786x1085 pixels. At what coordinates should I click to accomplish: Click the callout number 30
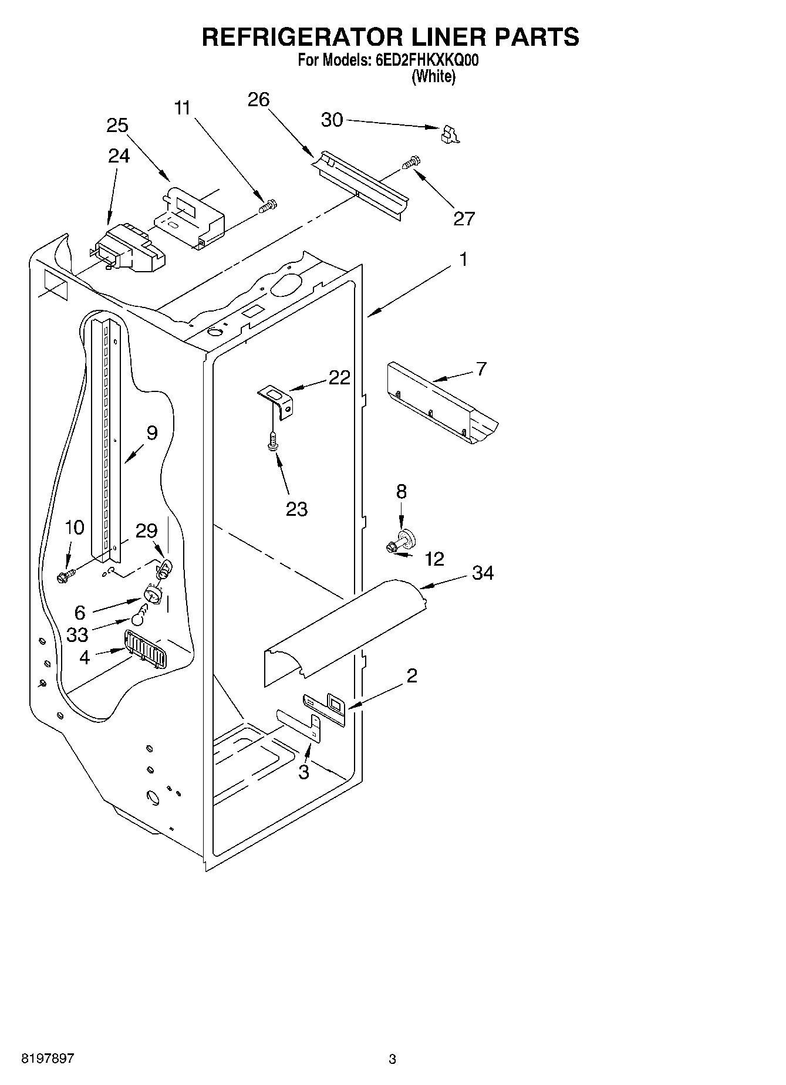[x=332, y=120]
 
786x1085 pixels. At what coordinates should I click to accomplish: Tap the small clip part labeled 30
[x=450, y=134]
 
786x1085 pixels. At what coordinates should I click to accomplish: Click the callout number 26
[x=258, y=100]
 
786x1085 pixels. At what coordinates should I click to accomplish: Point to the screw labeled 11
[x=269, y=206]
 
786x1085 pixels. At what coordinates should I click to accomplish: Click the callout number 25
[x=117, y=126]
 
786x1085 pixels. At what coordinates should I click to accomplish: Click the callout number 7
[x=481, y=369]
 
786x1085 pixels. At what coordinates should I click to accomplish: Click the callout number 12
[x=434, y=559]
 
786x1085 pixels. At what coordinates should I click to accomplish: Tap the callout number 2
[x=412, y=676]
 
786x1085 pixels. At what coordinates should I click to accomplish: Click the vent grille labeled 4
[x=144, y=649]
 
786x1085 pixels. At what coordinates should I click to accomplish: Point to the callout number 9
[x=152, y=433]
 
